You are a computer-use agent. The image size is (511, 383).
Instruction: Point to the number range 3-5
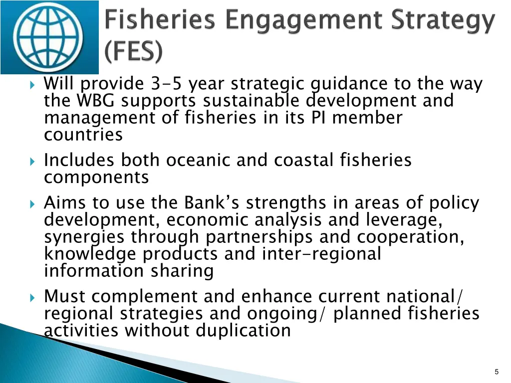coord(167,84)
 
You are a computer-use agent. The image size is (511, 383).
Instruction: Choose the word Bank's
coord(213,203)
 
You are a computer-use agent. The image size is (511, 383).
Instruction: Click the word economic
coord(207,220)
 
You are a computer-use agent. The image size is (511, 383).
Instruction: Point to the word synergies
coord(85,237)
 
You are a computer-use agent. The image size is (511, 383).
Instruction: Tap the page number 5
coord(497,372)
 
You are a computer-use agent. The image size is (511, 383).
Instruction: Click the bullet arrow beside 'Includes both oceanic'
coord(33,161)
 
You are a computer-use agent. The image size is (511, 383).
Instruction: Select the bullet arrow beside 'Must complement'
coord(33,297)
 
